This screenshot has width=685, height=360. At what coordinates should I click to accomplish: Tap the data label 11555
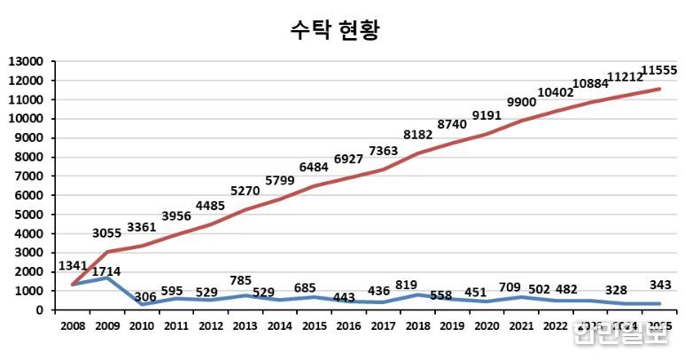click(658, 70)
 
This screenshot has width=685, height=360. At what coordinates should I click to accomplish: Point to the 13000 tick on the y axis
click(27, 61)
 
